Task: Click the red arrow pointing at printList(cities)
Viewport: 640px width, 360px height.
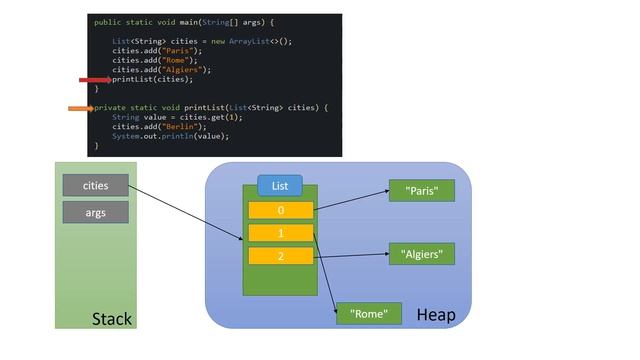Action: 96,79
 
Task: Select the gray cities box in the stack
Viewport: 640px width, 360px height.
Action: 95,185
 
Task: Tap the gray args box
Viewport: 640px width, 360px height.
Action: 95,212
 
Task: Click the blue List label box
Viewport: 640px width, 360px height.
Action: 280,186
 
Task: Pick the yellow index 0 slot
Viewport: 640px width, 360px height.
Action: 280,210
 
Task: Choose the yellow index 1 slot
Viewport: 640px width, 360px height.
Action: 280,233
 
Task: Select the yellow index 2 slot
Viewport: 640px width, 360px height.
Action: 280,256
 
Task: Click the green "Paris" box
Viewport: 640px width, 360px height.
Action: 421,191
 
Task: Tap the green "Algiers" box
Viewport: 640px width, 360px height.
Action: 422,254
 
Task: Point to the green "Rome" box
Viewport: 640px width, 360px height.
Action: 369,314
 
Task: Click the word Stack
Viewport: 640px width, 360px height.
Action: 111,319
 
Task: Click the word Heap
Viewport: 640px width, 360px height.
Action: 435,316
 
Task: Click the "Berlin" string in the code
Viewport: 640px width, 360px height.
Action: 175,127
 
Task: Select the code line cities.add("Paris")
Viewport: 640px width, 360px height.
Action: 156,50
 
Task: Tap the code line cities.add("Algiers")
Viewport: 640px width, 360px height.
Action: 161,69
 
